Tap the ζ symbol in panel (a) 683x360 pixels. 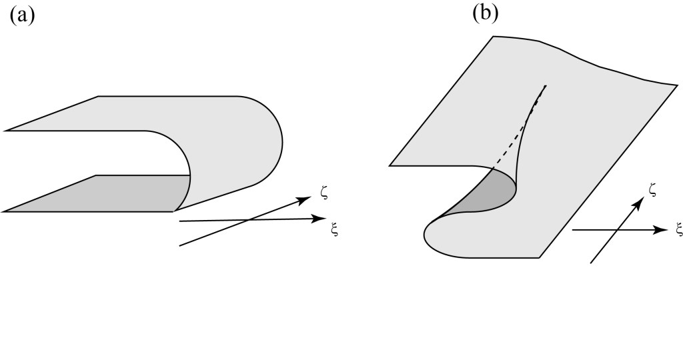(x=324, y=193)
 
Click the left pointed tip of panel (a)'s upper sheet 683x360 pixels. (x=5, y=130)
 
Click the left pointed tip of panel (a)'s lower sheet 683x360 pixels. (x=5, y=211)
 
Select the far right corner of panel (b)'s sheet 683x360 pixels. (x=676, y=85)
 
